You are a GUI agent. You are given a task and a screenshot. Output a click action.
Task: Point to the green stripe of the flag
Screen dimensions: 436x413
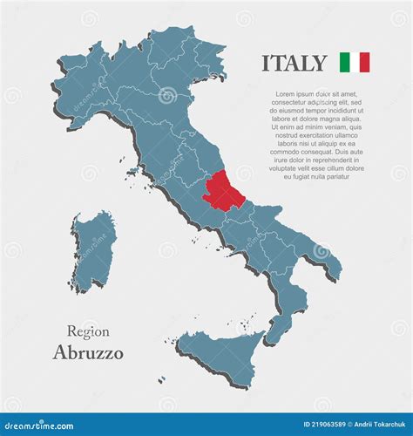coord(344,62)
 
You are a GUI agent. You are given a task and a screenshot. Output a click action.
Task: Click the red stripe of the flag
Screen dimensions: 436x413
coord(364,62)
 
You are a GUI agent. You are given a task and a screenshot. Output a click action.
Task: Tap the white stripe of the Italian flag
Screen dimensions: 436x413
coord(354,62)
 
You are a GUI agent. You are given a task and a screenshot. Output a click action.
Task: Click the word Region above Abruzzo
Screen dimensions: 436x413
coord(88,331)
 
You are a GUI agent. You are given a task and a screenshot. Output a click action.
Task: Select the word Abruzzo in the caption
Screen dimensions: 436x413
coord(88,353)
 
